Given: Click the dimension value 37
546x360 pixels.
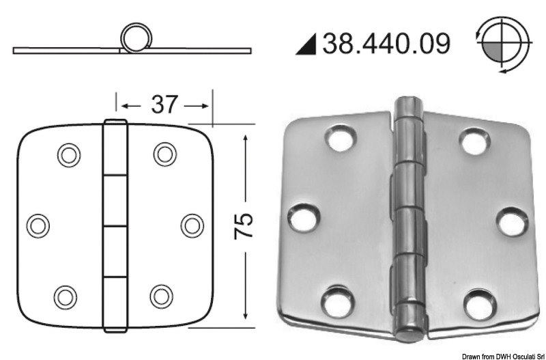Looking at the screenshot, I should coord(163,105).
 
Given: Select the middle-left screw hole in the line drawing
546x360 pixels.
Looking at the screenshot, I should coord(39,224).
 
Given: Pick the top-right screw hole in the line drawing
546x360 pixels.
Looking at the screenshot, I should coord(163,154).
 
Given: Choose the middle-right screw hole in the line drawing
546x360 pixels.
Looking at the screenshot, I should coord(192,224).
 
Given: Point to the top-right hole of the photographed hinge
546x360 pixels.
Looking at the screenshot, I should coord(474,139).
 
